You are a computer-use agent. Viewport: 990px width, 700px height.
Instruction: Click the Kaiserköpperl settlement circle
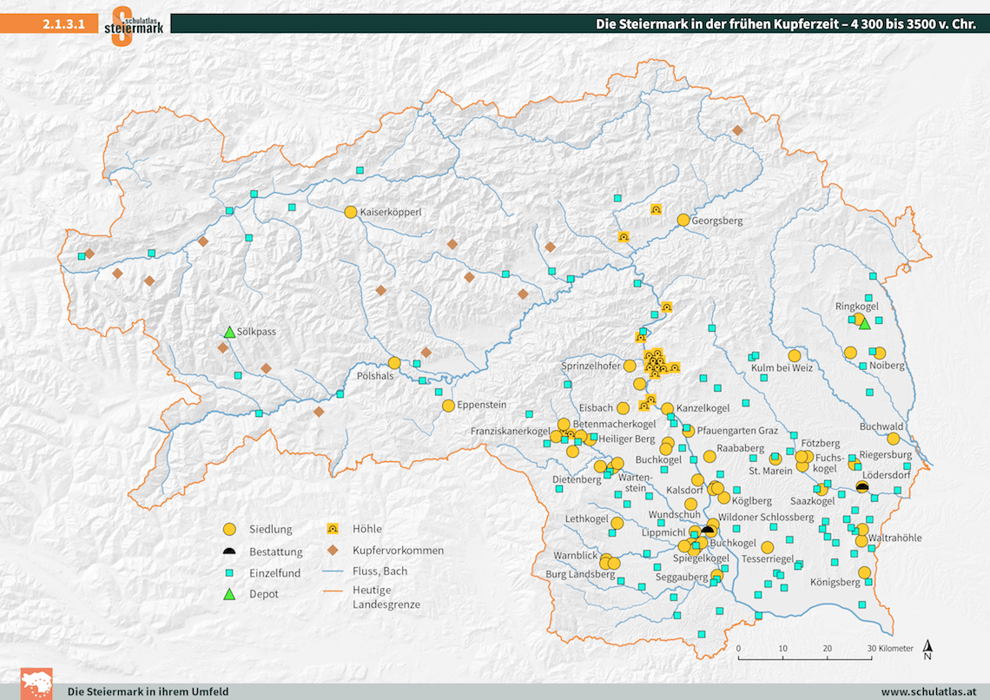(351, 212)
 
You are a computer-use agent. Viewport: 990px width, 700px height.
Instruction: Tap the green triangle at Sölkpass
(229, 332)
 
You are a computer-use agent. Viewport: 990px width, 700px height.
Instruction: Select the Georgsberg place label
(718, 221)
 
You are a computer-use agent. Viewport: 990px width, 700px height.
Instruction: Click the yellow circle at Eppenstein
(448, 406)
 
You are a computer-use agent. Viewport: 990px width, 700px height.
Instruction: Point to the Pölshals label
(375, 376)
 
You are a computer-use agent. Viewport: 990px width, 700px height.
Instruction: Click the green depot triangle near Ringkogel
(864, 324)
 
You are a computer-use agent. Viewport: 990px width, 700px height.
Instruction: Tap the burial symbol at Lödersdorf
(861, 487)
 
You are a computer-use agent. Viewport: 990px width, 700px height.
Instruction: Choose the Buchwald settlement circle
(893, 439)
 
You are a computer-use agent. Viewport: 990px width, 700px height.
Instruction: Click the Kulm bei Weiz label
(782, 368)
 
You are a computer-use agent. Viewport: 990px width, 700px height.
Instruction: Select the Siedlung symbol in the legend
(229, 529)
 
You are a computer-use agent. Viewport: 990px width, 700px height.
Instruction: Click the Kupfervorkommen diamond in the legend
(333, 551)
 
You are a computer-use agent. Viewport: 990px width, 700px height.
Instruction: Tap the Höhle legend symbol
(333, 528)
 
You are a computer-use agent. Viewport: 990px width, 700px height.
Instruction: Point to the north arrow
(928, 650)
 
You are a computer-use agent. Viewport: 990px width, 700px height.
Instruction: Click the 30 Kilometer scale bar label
(889, 648)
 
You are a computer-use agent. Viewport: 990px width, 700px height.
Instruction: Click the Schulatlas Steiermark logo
(134, 23)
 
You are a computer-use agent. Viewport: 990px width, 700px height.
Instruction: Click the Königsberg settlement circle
(864, 572)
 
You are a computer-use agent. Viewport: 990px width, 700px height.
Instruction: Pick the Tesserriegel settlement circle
(767, 547)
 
